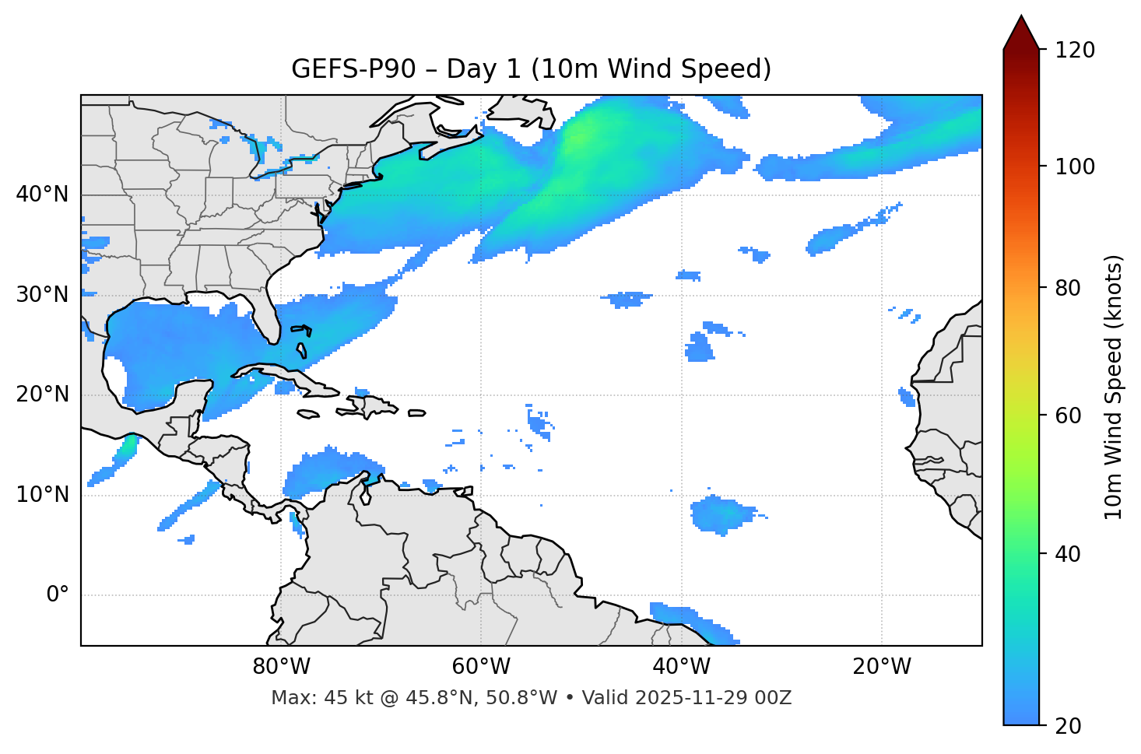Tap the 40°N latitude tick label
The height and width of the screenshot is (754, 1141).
point(42,195)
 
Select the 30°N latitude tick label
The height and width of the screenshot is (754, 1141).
point(42,295)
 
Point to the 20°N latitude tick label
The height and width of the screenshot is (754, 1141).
point(42,395)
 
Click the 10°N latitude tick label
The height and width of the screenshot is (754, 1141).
point(42,495)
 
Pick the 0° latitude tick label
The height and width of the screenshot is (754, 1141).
point(58,595)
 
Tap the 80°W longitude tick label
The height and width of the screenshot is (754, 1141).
point(281,667)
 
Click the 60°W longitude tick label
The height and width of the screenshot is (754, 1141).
point(481,667)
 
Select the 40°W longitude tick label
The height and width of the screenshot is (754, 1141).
point(682,667)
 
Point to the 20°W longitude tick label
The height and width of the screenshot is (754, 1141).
point(882,667)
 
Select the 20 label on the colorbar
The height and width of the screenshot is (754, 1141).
point(1068,726)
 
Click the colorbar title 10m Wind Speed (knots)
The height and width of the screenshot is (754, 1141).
point(1114,387)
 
